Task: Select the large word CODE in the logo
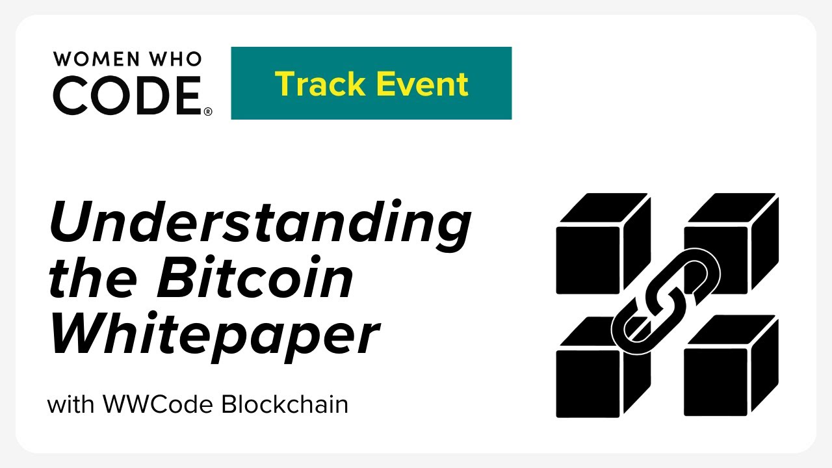127,95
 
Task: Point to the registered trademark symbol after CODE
208,112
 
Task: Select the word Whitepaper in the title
214,337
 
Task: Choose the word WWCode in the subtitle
159,404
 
